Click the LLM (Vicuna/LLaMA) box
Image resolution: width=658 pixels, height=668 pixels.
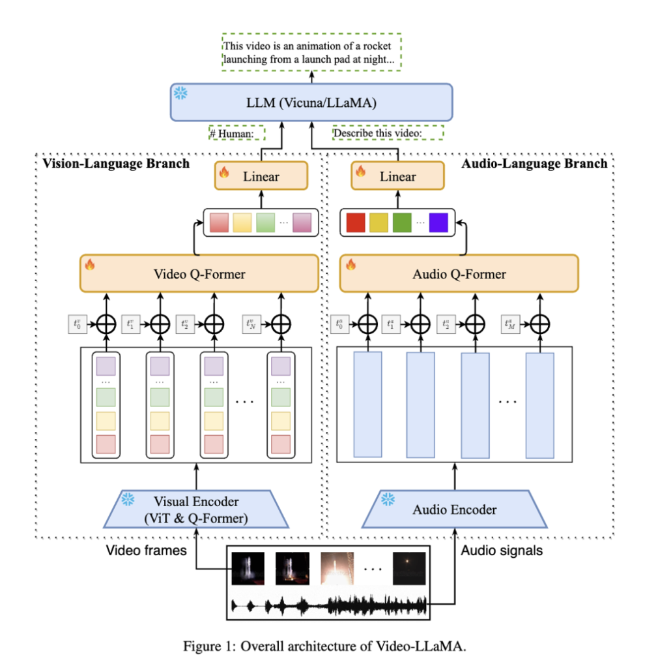pos(311,102)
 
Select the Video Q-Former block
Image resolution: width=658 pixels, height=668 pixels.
pos(199,274)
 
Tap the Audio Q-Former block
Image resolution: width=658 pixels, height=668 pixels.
pos(459,274)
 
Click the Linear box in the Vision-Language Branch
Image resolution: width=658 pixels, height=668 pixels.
pos(261,176)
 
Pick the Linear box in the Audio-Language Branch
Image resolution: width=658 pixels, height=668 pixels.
pos(397,176)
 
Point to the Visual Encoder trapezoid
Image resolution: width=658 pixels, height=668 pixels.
pos(196,509)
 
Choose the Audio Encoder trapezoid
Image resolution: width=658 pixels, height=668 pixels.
pos(455,509)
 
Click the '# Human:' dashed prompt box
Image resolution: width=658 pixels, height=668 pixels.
pos(237,133)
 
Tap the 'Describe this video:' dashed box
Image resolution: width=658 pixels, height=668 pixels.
pos(388,133)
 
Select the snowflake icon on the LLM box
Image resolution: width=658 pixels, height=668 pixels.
pos(180,93)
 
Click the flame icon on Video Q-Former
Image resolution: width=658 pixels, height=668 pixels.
pos(90,264)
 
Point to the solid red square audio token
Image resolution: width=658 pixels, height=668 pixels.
pos(356,223)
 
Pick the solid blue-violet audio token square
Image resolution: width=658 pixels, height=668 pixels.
pos(438,223)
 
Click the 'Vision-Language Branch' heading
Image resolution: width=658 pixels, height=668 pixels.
pos(116,163)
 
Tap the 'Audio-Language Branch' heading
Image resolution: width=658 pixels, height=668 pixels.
pos(534,163)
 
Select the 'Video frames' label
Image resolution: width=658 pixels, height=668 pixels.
pos(147,551)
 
